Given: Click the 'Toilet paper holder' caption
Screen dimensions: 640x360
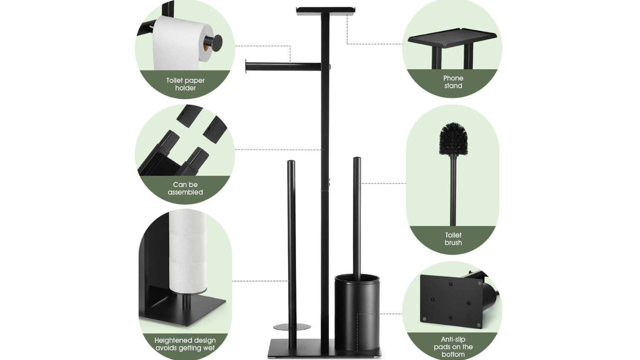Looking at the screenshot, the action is pyautogui.click(x=186, y=84).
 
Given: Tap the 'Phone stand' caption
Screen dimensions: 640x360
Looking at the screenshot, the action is pyautogui.click(x=453, y=82).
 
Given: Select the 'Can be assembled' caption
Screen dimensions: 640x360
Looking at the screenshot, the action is pyautogui.click(x=185, y=188).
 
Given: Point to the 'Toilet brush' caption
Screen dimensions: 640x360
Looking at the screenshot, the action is pyautogui.click(x=453, y=239).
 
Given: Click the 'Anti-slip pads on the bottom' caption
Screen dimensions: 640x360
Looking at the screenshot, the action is pyautogui.click(x=453, y=347).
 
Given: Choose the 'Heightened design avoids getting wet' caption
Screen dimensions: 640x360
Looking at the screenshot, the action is pyautogui.click(x=185, y=344).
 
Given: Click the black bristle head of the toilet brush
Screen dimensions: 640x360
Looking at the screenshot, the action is pyautogui.click(x=454, y=139).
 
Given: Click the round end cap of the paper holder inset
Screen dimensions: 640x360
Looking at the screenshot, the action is pyautogui.click(x=215, y=42).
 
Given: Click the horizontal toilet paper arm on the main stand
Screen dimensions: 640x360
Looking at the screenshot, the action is pyautogui.click(x=283, y=67).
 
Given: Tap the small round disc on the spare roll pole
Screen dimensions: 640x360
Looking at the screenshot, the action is pyautogui.click(x=292, y=327).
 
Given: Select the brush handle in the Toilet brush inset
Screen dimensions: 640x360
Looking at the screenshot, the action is pyautogui.click(x=453, y=190).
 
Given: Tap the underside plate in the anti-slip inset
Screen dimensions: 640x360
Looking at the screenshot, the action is pyautogui.click(x=451, y=302).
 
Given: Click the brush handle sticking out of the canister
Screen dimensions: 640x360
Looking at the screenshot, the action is pyautogui.click(x=357, y=218).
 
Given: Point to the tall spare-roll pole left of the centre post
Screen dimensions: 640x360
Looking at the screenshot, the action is pyautogui.click(x=291, y=254).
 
